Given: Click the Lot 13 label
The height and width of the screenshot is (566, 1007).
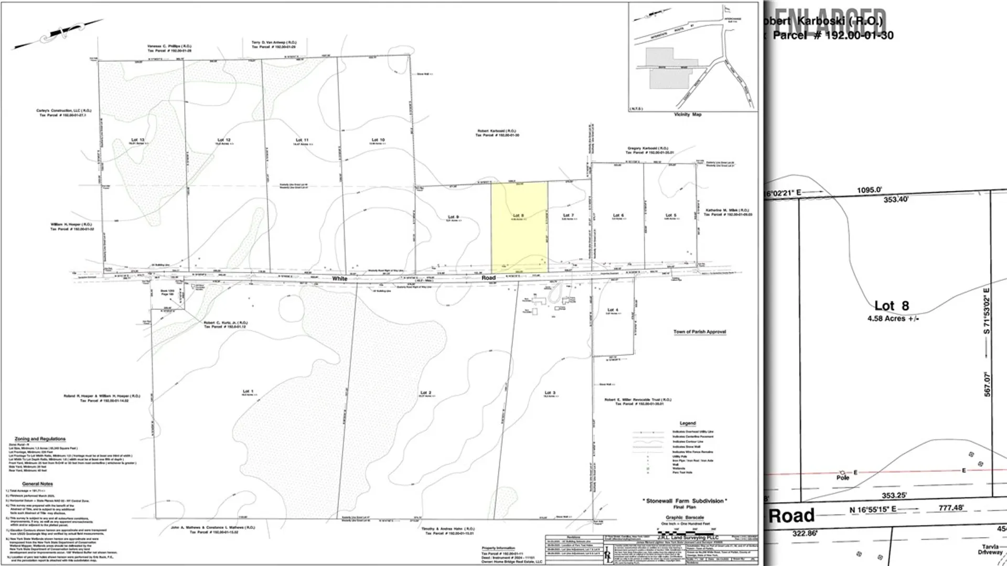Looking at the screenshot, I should [x=137, y=140].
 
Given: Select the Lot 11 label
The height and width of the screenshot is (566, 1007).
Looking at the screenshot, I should [x=302, y=140].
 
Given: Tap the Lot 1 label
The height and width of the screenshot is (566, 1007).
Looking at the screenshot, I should [x=248, y=391].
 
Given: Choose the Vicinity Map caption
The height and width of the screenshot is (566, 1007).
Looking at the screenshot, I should [x=687, y=114].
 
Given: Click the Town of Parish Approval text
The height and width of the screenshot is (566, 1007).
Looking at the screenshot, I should [x=700, y=332].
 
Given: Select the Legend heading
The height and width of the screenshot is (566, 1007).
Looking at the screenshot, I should [x=688, y=423].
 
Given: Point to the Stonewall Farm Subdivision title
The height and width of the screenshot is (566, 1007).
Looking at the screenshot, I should [x=684, y=501].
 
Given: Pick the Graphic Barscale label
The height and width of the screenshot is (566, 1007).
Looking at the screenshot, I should [x=684, y=517].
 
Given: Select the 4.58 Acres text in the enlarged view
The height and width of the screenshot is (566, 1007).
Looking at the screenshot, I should [x=893, y=318].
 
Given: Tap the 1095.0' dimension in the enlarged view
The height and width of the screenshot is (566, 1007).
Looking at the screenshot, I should [x=870, y=190].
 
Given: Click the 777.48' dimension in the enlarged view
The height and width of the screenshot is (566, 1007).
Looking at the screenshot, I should [x=951, y=508].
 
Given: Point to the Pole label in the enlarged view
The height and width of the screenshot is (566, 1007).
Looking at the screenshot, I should [x=843, y=477].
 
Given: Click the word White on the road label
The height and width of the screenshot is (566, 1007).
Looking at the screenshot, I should [x=340, y=279].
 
